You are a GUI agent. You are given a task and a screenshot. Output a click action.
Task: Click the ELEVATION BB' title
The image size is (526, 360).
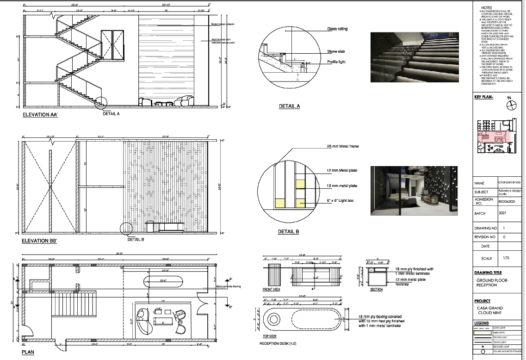(x=40, y=241)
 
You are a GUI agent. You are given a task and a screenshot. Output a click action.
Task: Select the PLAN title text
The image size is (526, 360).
(x=28, y=352)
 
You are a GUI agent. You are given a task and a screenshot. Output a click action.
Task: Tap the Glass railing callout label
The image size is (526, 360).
(x=337, y=29)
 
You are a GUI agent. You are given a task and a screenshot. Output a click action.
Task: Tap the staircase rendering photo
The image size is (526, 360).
(x=414, y=56)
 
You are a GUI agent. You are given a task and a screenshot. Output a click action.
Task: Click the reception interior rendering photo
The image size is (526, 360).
(x=414, y=191)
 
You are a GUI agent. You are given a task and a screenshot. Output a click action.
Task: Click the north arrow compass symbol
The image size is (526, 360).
(x=511, y=106)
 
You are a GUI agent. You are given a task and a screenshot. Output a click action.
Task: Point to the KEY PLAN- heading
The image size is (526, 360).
(x=484, y=97)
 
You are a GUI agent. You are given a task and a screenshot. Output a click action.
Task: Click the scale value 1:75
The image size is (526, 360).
(x=503, y=258)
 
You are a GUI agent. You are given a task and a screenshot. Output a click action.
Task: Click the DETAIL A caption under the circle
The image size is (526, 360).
(x=289, y=106)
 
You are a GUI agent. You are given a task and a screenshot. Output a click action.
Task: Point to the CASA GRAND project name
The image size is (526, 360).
(x=489, y=308)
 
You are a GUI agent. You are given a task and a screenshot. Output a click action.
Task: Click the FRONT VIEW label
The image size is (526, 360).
(x=271, y=289)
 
